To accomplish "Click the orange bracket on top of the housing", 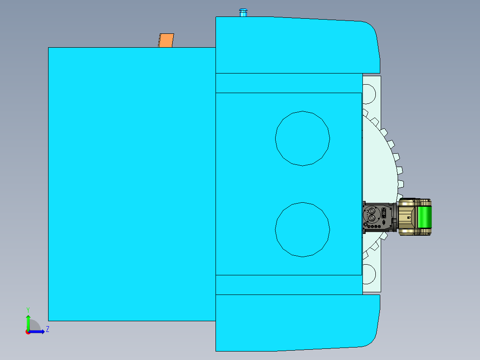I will tap(166, 41).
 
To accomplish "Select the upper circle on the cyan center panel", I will tap(302, 138).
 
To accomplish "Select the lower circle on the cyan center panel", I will tap(302, 229).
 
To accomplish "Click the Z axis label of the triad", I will tap(47, 329).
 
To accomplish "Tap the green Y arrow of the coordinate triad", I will tap(28, 320).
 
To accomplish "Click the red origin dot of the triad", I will tap(28, 332).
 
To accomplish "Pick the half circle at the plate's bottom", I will tap(370, 274).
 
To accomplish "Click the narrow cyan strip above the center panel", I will tap(289, 83).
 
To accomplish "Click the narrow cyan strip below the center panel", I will tap(289, 284).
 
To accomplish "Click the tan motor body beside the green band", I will tap(406, 217).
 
